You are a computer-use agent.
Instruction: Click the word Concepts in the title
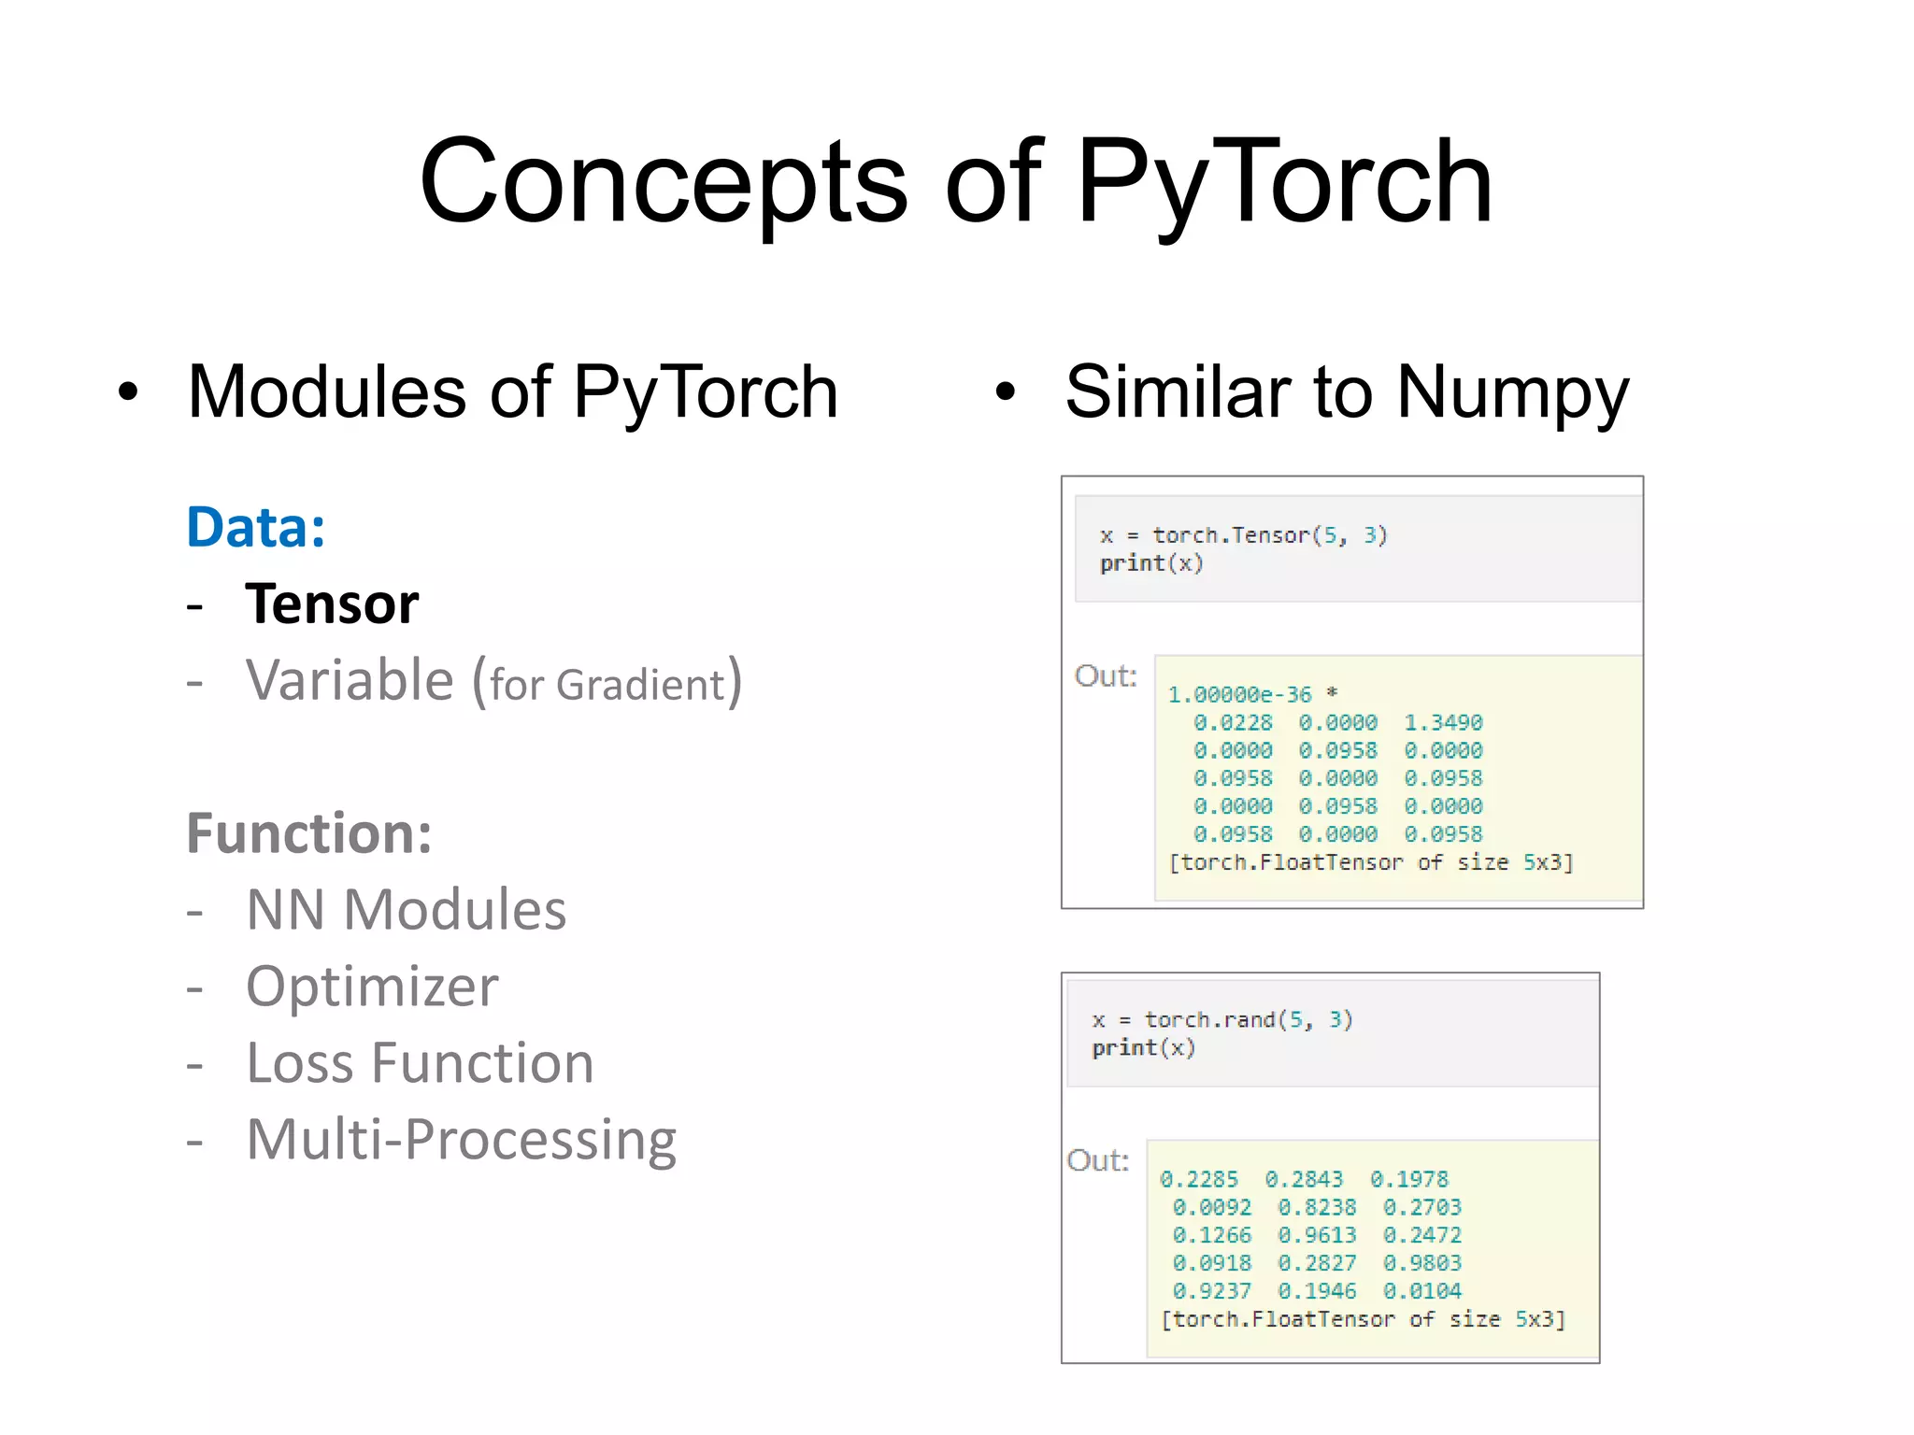coord(663,182)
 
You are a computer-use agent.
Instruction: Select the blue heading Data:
coord(256,528)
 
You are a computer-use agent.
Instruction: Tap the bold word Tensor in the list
coord(332,604)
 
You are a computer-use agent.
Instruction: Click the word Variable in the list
coord(350,680)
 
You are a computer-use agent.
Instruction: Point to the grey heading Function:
coord(309,833)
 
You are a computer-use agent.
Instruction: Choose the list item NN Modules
coord(406,910)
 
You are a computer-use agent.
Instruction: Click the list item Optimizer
coord(372,987)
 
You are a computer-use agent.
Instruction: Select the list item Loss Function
coord(420,1063)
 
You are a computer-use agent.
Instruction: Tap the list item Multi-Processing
coord(461,1140)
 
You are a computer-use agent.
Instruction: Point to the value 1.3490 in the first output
coord(1443,723)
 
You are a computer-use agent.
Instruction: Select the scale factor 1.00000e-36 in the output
coord(1239,695)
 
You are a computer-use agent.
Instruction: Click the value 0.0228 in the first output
coord(1233,723)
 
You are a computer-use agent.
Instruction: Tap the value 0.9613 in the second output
coord(1317,1235)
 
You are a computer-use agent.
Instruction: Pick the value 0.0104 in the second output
coord(1421,1291)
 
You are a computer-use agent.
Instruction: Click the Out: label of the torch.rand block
coord(1098,1160)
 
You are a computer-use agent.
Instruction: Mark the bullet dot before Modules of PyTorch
coord(128,392)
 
